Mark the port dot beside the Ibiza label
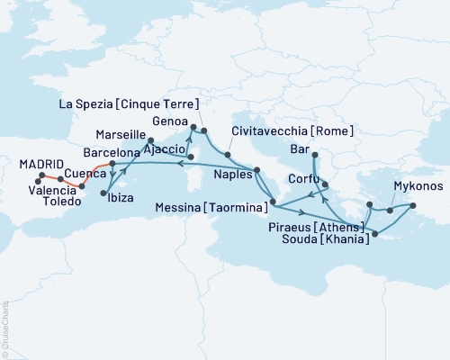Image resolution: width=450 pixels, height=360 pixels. (106, 193)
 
